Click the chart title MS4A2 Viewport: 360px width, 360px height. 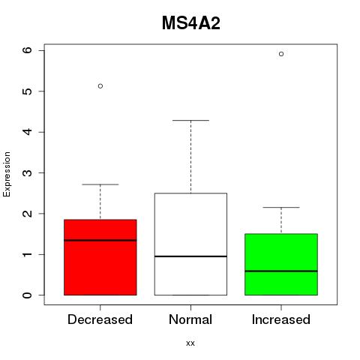pyautogui.click(x=191, y=23)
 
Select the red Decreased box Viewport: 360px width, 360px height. pyautogui.click(x=100, y=257)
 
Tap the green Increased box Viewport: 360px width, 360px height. pyautogui.click(x=281, y=265)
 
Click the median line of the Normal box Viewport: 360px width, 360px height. pyautogui.click(x=190, y=256)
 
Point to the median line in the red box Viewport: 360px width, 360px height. pyautogui.click(x=100, y=240)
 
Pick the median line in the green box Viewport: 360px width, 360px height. pyautogui.click(x=281, y=271)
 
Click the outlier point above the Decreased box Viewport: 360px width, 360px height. pyautogui.click(x=100, y=86)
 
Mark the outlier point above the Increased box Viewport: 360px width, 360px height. pyautogui.click(x=281, y=54)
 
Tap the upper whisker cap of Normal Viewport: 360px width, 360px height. pyautogui.click(x=190, y=121)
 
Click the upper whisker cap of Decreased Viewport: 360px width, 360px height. pyautogui.click(x=100, y=184)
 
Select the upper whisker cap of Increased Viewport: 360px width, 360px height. pyautogui.click(x=281, y=207)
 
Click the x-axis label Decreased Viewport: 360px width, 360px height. pyautogui.click(x=100, y=319)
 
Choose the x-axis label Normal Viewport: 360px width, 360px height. pyautogui.click(x=190, y=319)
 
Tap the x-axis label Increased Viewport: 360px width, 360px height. pyautogui.click(x=281, y=319)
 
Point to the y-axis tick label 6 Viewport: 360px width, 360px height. pyautogui.click(x=28, y=50)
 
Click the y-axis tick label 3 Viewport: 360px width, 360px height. pyautogui.click(x=28, y=172)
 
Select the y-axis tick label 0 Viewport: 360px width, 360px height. pyautogui.click(x=28, y=295)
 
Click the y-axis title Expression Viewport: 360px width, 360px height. pyautogui.click(x=7, y=174)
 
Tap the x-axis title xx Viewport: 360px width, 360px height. pyautogui.click(x=190, y=343)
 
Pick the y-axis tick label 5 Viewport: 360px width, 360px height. pyautogui.click(x=28, y=91)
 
